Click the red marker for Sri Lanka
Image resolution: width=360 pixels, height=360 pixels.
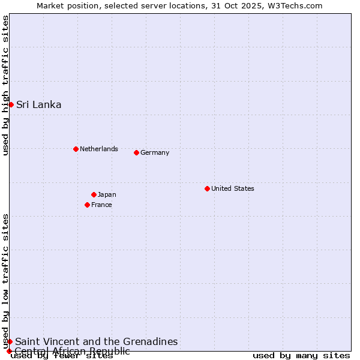click(11, 104)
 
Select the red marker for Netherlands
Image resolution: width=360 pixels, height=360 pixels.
click(76, 149)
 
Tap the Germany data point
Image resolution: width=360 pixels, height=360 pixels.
click(136, 152)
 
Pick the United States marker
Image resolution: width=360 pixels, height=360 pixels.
click(207, 188)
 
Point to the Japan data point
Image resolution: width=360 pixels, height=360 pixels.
click(94, 194)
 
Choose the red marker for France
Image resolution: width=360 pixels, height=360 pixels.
click(87, 205)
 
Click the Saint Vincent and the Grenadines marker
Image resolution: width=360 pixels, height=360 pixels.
click(10, 341)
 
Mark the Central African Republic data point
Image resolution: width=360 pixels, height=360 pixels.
click(9, 351)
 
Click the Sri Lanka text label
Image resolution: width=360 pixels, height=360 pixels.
click(38, 104)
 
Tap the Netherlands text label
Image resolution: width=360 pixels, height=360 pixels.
click(99, 149)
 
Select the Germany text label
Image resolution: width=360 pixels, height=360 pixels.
click(155, 152)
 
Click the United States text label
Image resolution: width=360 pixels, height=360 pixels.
click(233, 188)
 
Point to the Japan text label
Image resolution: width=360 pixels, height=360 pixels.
click(107, 194)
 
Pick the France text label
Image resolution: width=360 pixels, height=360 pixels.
click(101, 205)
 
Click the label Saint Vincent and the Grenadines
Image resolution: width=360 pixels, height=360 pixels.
click(96, 341)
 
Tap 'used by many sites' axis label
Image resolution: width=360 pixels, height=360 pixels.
click(301, 355)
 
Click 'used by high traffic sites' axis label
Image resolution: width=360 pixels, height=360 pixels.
click(6, 85)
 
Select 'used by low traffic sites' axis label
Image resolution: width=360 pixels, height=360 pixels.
click(6, 281)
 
